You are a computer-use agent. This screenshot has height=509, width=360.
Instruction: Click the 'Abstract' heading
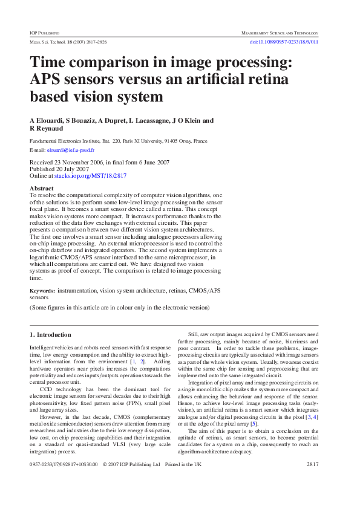[41, 189]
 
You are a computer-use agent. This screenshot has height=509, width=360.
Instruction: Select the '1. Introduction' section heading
[51, 334]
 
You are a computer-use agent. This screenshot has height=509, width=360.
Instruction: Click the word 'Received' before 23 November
[42, 163]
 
